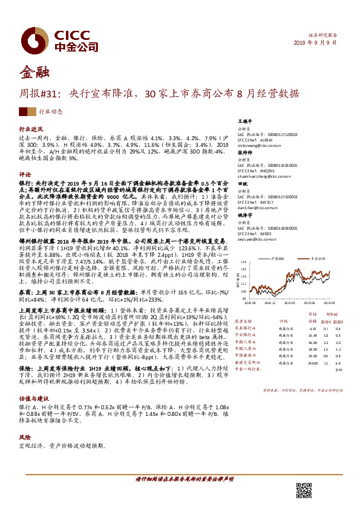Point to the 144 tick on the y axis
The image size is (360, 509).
(x=243, y=262)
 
